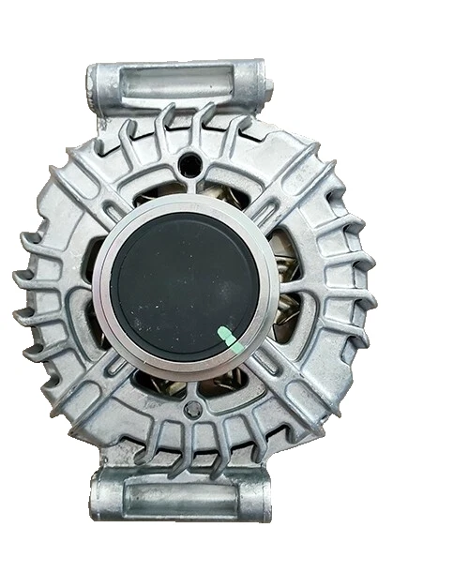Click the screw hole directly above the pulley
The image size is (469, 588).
pyautogui.click(x=191, y=160)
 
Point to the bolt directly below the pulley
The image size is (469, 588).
pyautogui.click(x=191, y=409)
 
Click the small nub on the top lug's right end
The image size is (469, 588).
pyautogui.click(x=269, y=84)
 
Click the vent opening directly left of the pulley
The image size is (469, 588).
pyautogui.click(x=89, y=286)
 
